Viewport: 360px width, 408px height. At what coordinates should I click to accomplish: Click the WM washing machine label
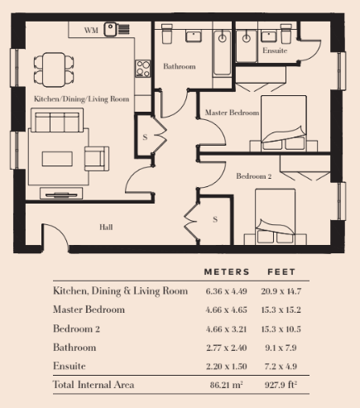point(91,30)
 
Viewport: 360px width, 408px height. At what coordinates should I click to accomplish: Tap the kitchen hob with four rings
point(143,69)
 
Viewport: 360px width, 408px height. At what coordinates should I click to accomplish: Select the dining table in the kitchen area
point(54,70)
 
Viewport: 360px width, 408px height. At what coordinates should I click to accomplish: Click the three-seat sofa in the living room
point(57,120)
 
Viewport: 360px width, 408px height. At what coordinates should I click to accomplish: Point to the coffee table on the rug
point(57,159)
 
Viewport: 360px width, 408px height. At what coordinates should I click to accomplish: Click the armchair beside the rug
point(97,159)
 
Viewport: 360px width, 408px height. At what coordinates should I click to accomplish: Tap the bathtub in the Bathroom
point(222,53)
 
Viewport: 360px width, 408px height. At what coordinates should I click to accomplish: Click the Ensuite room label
point(275,50)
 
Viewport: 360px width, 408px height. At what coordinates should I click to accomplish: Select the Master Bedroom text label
point(232,113)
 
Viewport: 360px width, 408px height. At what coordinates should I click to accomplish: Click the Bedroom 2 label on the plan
point(254,176)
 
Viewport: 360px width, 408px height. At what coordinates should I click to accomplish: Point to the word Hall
point(106,227)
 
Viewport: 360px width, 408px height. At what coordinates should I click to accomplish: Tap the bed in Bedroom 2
point(276,217)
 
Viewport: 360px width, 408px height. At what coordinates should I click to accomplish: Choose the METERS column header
point(227,272)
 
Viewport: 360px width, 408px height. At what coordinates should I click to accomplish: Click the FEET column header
point(281,272)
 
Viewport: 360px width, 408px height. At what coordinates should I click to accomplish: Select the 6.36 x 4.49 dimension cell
point(226,291)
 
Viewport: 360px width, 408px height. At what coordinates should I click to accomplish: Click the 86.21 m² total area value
point(226,385)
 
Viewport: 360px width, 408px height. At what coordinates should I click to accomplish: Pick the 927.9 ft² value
point(281,385)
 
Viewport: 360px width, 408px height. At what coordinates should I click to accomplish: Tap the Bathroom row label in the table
point(74,348)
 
